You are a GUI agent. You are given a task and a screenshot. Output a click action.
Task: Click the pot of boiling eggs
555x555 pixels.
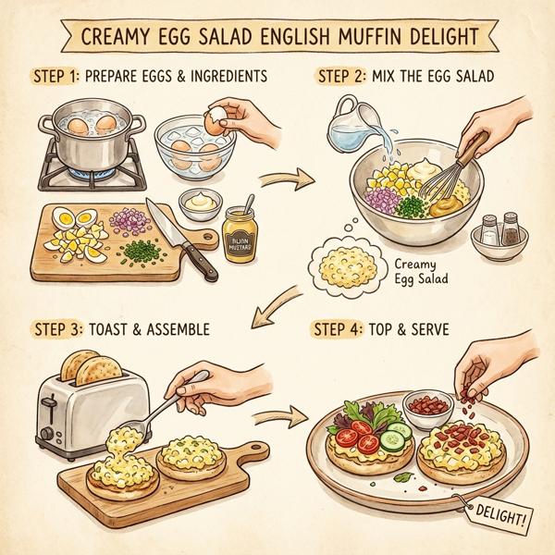(x=88, y=139)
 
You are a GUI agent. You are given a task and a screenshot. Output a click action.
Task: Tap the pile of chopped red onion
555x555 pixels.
(x=129, y=220)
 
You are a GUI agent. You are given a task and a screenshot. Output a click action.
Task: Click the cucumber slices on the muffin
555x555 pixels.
(x=393, y=438)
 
